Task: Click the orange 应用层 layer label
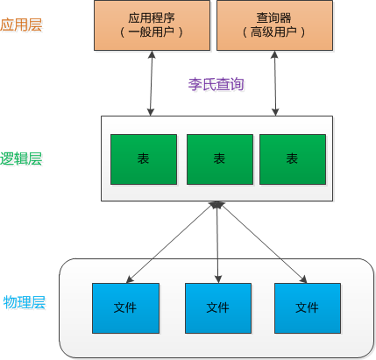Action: [x=21, y=25]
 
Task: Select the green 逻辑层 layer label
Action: [x=21, y=159]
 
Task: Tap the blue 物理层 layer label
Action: [x=25, y=302]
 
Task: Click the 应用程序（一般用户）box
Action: [x=152, y=25]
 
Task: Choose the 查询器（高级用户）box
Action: [x=274, y=25]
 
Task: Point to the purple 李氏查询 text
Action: [x=216, y=84]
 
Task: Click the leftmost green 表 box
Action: [x=144, y=159]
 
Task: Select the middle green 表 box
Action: [x=220, y=159]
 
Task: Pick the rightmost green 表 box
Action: [x=293, y=159]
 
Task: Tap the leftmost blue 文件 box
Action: [x=125, y=308]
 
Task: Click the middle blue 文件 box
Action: [x=218, y=308]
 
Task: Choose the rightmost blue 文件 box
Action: [x=308, y=308]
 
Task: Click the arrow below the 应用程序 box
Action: [x=152, y=83]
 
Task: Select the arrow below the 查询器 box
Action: [x=274, y=83]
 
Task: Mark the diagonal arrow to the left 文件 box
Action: [x=172, y=243]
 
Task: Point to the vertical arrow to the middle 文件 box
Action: [x=217, y=243]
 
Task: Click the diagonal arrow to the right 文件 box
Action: [x=262, y=243]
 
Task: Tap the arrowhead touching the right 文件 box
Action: [x=303, y=279]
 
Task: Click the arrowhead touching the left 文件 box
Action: [x=130, y=279]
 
